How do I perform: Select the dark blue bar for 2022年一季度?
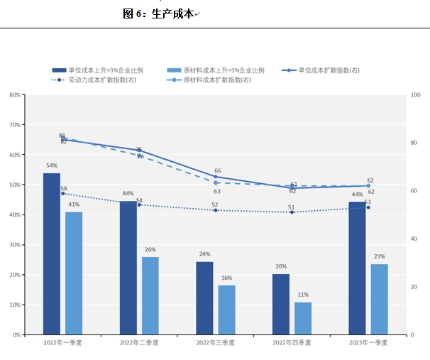[x=52, y=253]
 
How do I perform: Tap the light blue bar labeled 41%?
[x=74, y=273]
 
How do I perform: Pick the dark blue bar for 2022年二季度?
[x=128, y=268]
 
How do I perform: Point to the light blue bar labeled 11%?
[x=303, y=318]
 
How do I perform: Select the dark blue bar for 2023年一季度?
[x=357, y=268]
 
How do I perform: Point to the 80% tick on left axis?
[x=13, y=94]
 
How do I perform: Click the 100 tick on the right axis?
[x=417, y=94]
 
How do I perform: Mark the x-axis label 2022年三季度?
[x=216, y=343]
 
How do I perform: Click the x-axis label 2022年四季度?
[x=292, y=343]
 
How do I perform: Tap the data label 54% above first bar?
[x=52, y=165]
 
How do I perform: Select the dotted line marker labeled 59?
[x=62, y=193]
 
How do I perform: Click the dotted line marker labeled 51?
[x=292, y=212]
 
